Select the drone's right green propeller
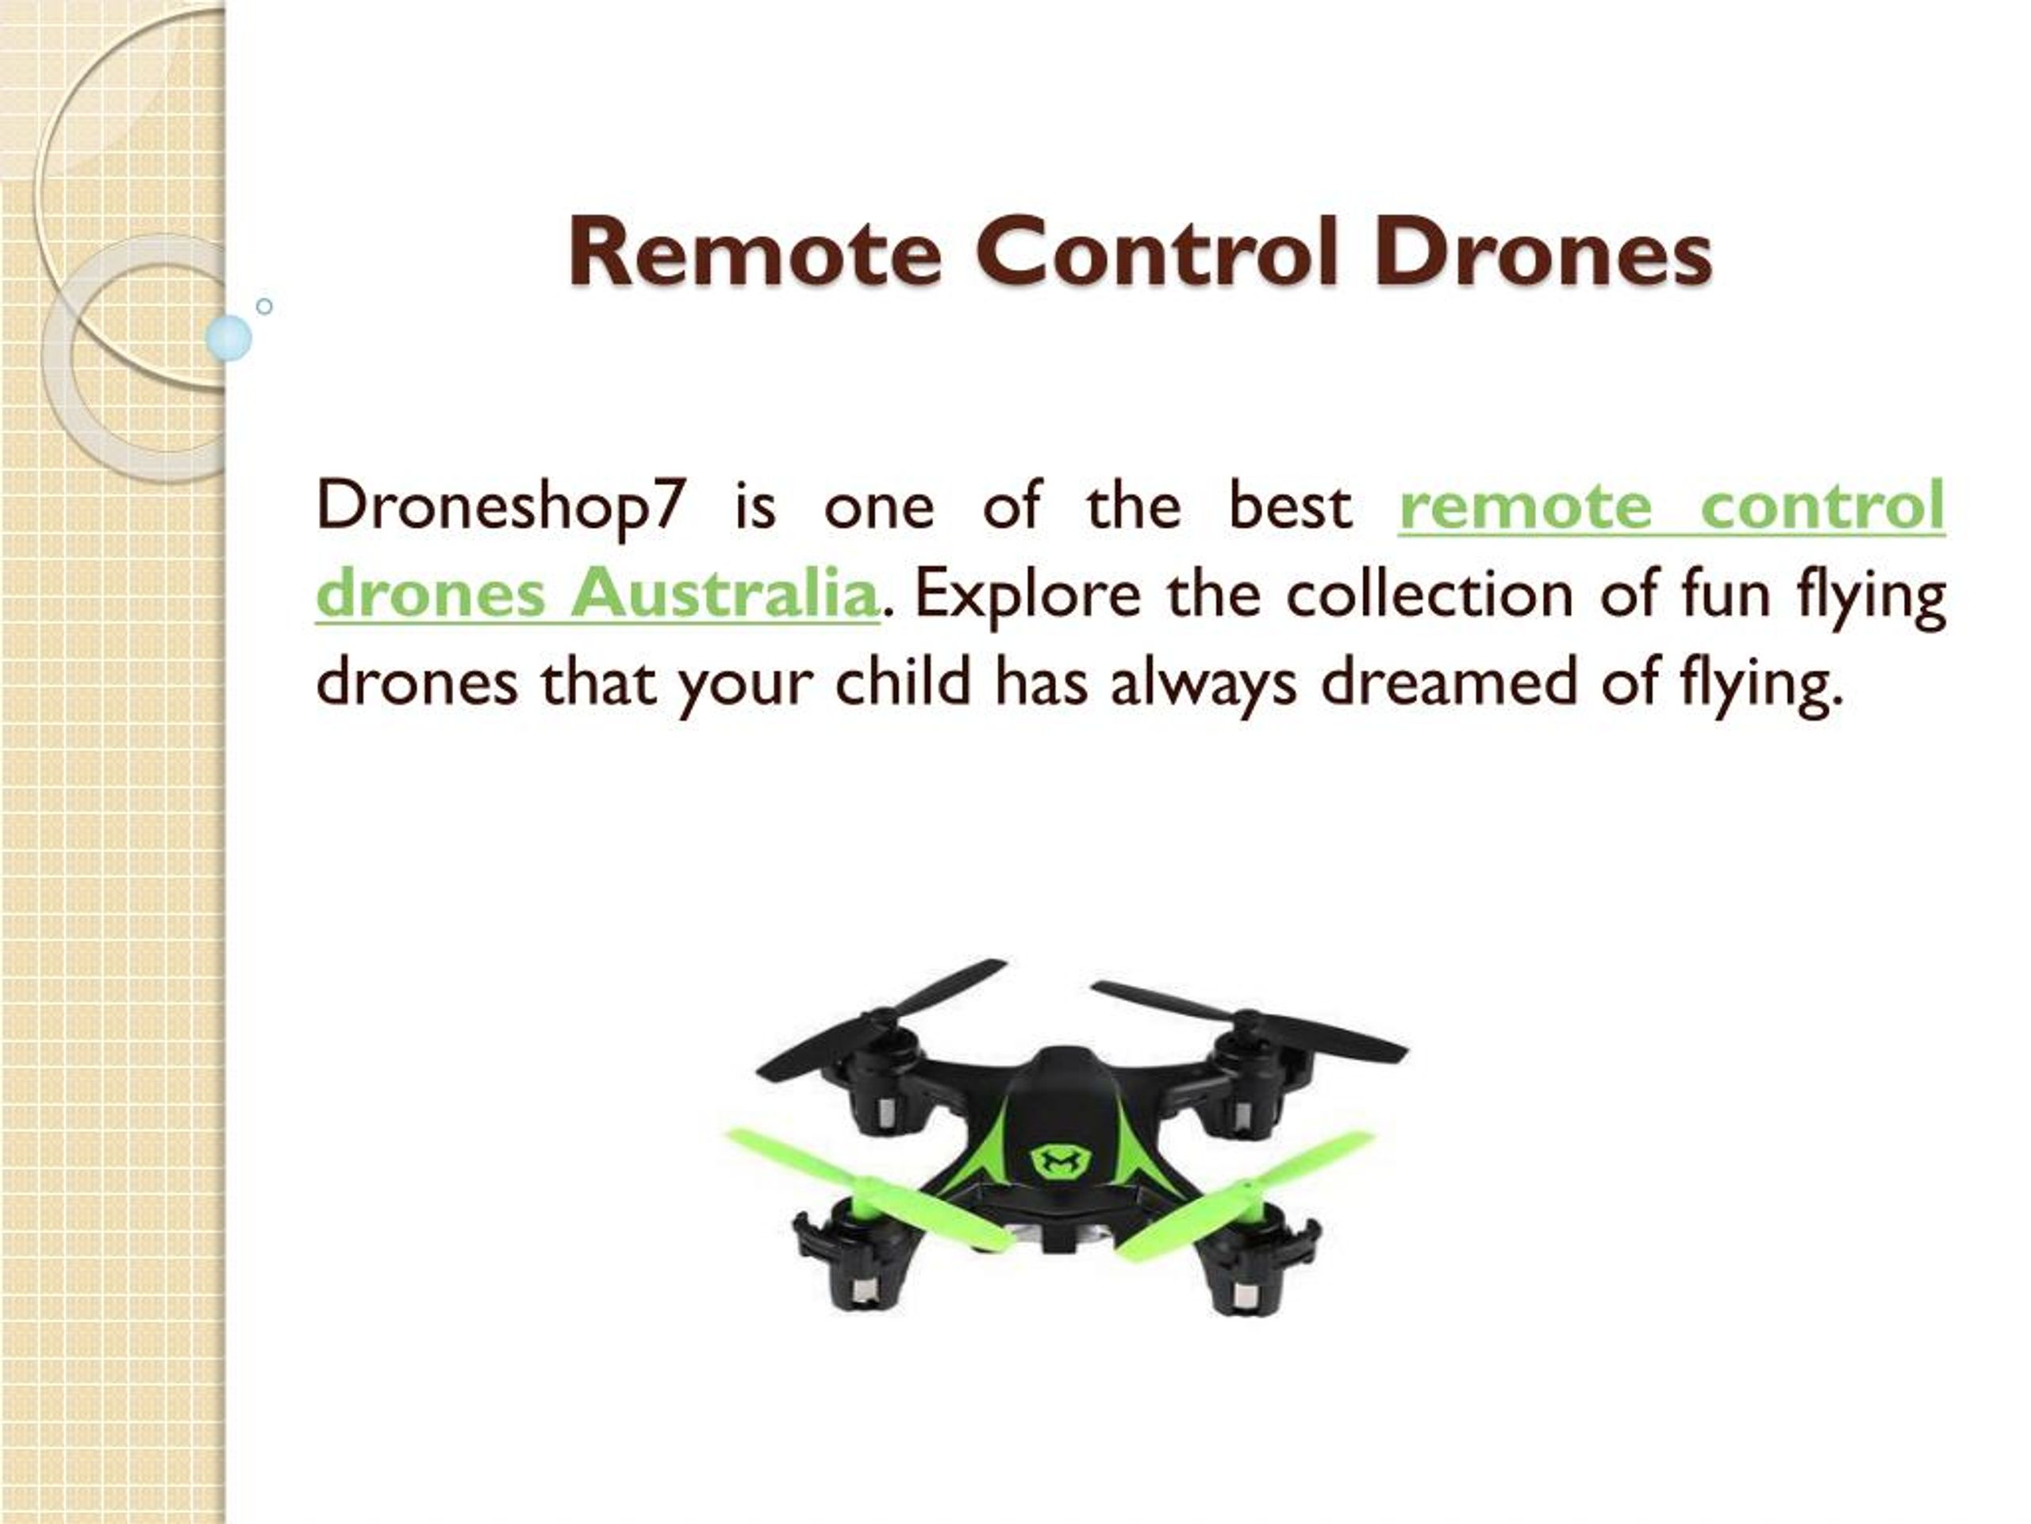point(1249,1195)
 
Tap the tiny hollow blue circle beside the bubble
point(264,306)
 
